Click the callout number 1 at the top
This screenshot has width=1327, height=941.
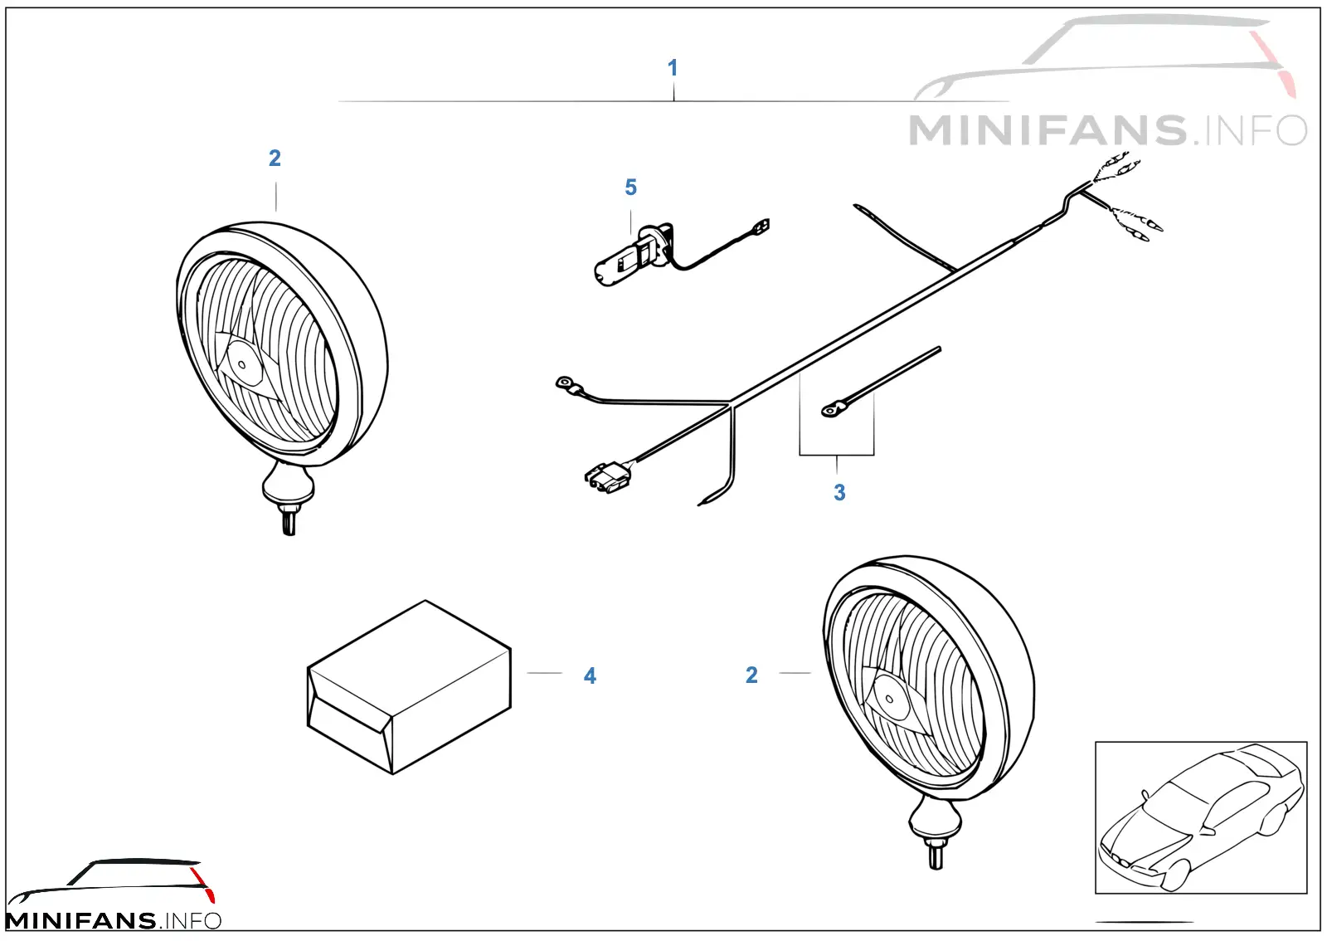pos(673,67)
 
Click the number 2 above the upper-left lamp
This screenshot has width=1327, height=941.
pos(275,158)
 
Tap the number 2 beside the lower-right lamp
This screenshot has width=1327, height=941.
pos(751,675)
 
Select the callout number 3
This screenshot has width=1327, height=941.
pos(838,492)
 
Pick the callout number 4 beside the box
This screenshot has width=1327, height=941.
pos(590,675)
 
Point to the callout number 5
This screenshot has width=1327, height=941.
pos(630,188)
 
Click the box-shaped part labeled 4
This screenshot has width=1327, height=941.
pos(409,687)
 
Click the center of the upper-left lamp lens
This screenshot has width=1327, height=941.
pos(241,364)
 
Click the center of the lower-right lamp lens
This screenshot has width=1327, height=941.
pos(888,699)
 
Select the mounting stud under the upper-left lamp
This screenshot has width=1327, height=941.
pos(289,521)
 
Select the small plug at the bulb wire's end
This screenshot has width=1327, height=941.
pos(762,226)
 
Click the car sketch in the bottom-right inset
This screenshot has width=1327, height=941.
pos(1200,817)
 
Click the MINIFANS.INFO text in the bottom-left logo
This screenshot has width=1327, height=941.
pos(113,920)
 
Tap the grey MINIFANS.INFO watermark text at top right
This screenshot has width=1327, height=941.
pos(1108,130)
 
